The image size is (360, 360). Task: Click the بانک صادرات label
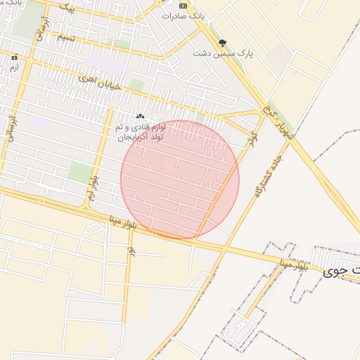pos(185,15)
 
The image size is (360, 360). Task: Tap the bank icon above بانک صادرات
pos(184,4)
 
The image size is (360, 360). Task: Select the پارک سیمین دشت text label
pos(223,53)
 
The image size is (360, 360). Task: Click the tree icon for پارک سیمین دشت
pos(223,43)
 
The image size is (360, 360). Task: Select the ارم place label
pos(13,67)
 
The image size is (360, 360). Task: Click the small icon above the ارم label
pos(13,57)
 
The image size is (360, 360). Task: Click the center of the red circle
pos(180,179)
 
